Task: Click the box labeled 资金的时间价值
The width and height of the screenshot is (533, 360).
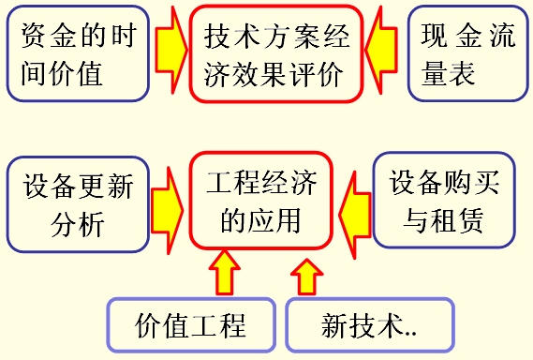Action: click(78, 54)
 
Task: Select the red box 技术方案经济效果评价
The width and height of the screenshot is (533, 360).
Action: click(274, 53)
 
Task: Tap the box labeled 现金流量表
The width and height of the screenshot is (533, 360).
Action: click(467, 54)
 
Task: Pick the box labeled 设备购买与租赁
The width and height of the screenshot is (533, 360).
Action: click(445, 202)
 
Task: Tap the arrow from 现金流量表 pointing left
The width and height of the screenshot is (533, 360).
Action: click(384, 53)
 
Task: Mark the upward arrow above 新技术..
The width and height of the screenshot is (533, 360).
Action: click(306, 276)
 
